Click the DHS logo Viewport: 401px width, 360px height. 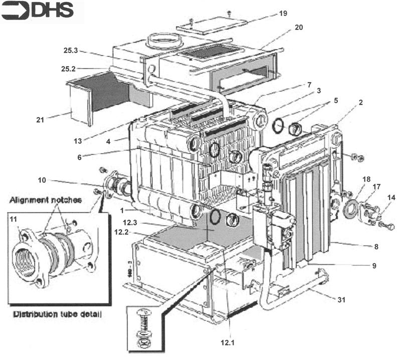point(38,11)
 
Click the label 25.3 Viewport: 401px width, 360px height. point(71,52)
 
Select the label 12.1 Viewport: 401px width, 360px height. point(227,343)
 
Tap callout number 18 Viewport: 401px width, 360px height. point(366,179)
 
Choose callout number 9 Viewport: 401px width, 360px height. point(374,266)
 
